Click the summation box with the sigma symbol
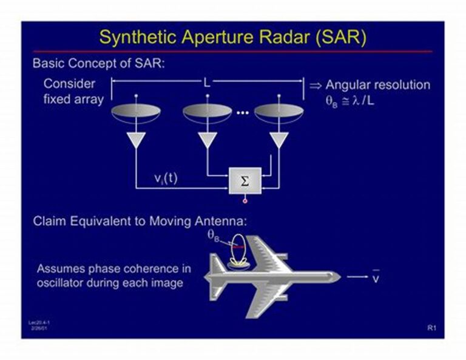[245, 181]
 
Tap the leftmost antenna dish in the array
[135, 112]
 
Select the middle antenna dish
[207, 112]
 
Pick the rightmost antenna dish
[279, 112]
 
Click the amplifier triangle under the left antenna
[135, 141]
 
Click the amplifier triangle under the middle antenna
[207, 141]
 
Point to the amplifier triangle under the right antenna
[279, 141]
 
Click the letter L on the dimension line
[207, 83]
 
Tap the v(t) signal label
[165, 179]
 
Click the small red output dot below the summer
[245, 200]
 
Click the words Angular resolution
[378, 84]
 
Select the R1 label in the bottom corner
[431, 328]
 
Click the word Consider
[69, 84]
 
